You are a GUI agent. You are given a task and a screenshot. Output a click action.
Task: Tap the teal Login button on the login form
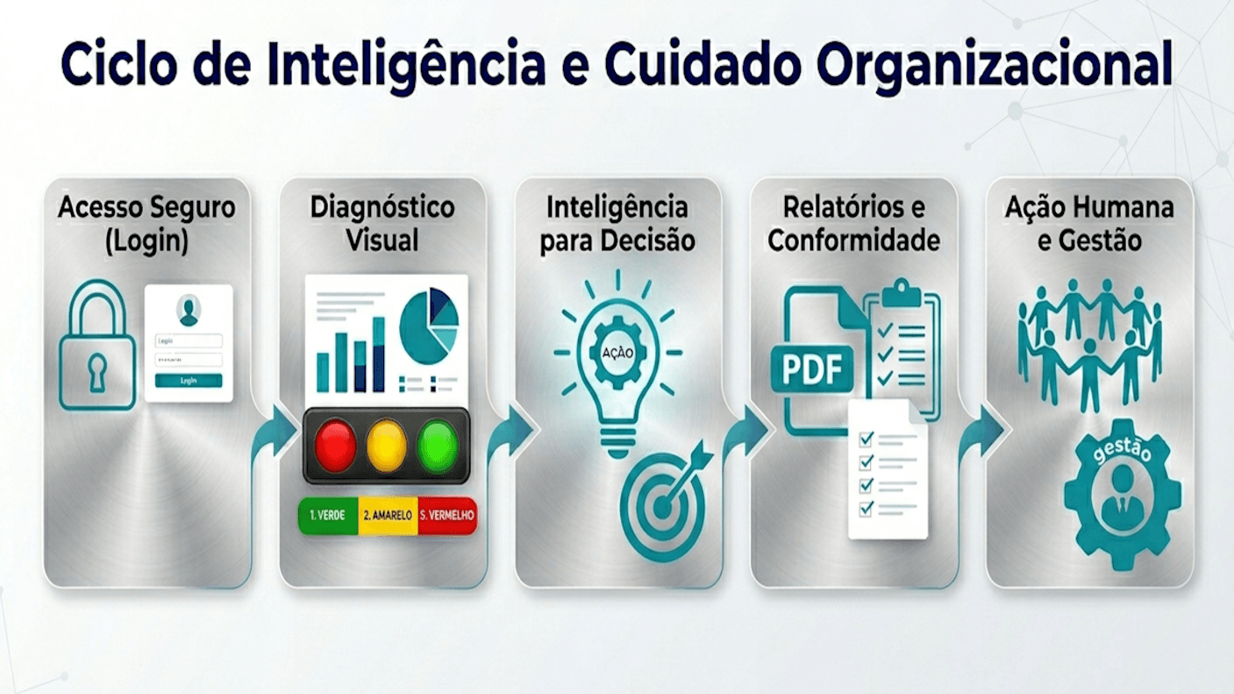coord(189,381)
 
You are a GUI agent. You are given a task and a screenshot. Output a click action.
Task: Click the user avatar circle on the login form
coord(189,309)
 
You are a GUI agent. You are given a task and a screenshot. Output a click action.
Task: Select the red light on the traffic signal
coord(335,445)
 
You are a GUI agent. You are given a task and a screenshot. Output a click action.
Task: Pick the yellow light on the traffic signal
coord(386,445)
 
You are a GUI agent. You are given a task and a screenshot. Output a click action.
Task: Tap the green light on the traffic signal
coord(438,445)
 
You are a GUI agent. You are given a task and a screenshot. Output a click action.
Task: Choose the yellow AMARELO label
coord(388,516)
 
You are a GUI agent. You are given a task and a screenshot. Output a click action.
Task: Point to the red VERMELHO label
coord(447,516)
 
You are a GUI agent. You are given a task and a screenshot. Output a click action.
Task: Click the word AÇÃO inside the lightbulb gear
coord(617,352)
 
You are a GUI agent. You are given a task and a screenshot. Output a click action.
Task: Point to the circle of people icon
coord(1088,342)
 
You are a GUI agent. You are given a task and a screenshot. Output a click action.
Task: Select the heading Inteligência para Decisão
coord(617,224)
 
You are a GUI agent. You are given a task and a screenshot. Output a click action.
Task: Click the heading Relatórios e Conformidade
coord(853,224)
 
